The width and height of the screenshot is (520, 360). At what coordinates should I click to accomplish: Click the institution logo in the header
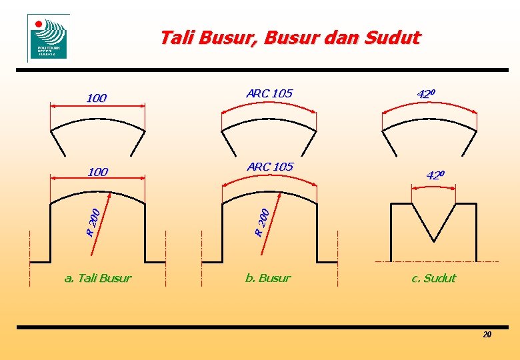pos(48,38)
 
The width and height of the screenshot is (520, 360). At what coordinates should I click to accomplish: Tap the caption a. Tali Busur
pos(97,278)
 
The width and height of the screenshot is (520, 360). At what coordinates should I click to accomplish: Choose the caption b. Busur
pos(268,278)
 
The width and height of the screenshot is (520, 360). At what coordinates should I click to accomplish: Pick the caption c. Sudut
pos(433,278)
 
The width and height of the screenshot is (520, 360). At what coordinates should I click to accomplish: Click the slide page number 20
pos(487,334)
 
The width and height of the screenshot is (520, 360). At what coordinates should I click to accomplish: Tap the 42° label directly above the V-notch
pos(435,175)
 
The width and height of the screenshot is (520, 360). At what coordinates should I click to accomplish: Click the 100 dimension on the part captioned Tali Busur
pos(97,172)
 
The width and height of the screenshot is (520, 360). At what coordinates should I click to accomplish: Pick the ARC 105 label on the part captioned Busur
pos(269,167)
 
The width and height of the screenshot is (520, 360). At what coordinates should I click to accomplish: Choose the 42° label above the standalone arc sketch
pos(427,93)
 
